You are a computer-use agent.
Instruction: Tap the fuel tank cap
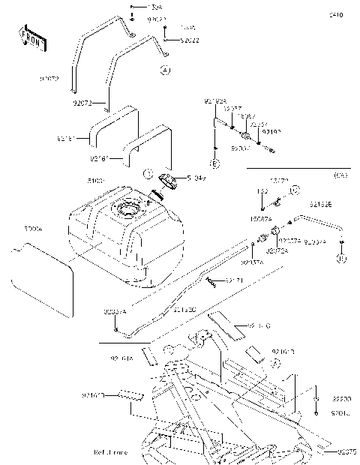point(166,179)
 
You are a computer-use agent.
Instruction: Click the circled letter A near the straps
point(164,70)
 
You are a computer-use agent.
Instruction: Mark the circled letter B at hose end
point(340,259)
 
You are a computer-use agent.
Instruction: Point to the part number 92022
point(190,40)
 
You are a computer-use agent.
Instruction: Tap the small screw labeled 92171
point(211,282)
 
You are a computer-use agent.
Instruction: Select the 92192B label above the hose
point(322,202)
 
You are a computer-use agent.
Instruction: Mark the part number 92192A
point(214,100)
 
